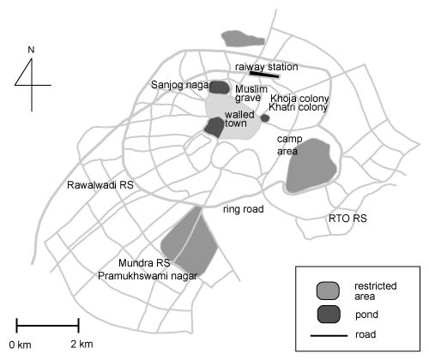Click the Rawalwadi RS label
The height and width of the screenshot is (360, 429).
[100, 185]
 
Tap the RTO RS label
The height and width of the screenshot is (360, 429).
[347, 219]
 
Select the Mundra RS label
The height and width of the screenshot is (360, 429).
[144, 263]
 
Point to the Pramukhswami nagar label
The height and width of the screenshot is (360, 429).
[148, 276]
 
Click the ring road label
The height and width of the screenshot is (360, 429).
[244, 209]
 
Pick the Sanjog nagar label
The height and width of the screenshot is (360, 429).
[182, 85]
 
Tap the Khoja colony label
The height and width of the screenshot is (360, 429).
[299, 99]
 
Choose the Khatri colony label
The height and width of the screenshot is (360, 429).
[298, 107]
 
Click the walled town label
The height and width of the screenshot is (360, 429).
[239, 119]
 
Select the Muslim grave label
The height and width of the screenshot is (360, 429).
[251, 93]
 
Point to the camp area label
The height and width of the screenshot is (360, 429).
[289, 145]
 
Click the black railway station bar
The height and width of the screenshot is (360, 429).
[264, 75]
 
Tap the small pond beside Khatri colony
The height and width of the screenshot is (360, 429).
[265, 118]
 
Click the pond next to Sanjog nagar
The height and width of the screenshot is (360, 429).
[220, 87]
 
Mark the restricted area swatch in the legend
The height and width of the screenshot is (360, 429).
[328, 291]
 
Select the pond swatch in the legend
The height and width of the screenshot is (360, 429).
[329, 315]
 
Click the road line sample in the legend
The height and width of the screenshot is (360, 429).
[329, 335]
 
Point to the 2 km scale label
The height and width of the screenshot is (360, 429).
[82, 345]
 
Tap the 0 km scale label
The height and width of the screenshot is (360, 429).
[20, 345]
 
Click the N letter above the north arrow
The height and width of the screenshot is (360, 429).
[31, 50]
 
